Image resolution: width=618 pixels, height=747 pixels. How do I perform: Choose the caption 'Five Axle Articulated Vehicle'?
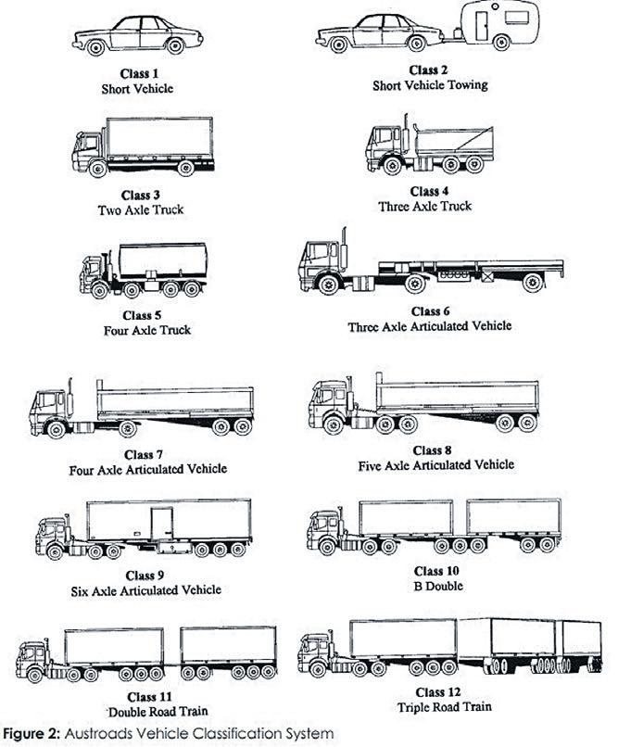pos(435,464)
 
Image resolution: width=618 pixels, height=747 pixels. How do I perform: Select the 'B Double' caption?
pos(428,585)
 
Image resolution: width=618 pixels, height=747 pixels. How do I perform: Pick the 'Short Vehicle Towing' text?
pos(429,84)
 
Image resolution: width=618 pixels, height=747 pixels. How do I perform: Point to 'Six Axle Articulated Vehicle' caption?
pos(147,589)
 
